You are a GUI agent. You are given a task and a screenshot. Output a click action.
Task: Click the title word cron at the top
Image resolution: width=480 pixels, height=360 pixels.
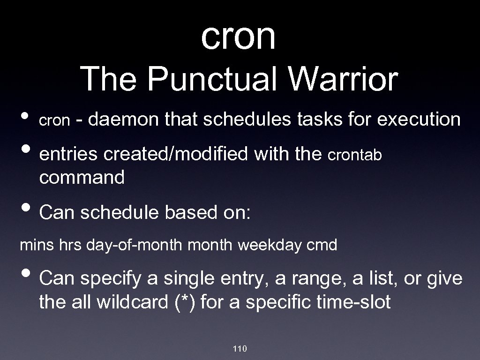coord(238,37)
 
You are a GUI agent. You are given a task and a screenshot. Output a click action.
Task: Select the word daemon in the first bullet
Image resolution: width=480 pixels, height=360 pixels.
coord(123,120)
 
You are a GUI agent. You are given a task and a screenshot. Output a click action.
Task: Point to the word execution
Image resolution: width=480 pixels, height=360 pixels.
coord(419,120)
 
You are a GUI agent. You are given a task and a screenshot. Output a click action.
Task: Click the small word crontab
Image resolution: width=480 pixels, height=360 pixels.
coord(355,155)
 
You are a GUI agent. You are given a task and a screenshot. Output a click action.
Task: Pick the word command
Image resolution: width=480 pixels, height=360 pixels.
coord(82,177)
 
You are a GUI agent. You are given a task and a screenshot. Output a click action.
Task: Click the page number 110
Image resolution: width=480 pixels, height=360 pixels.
coord(240,348)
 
